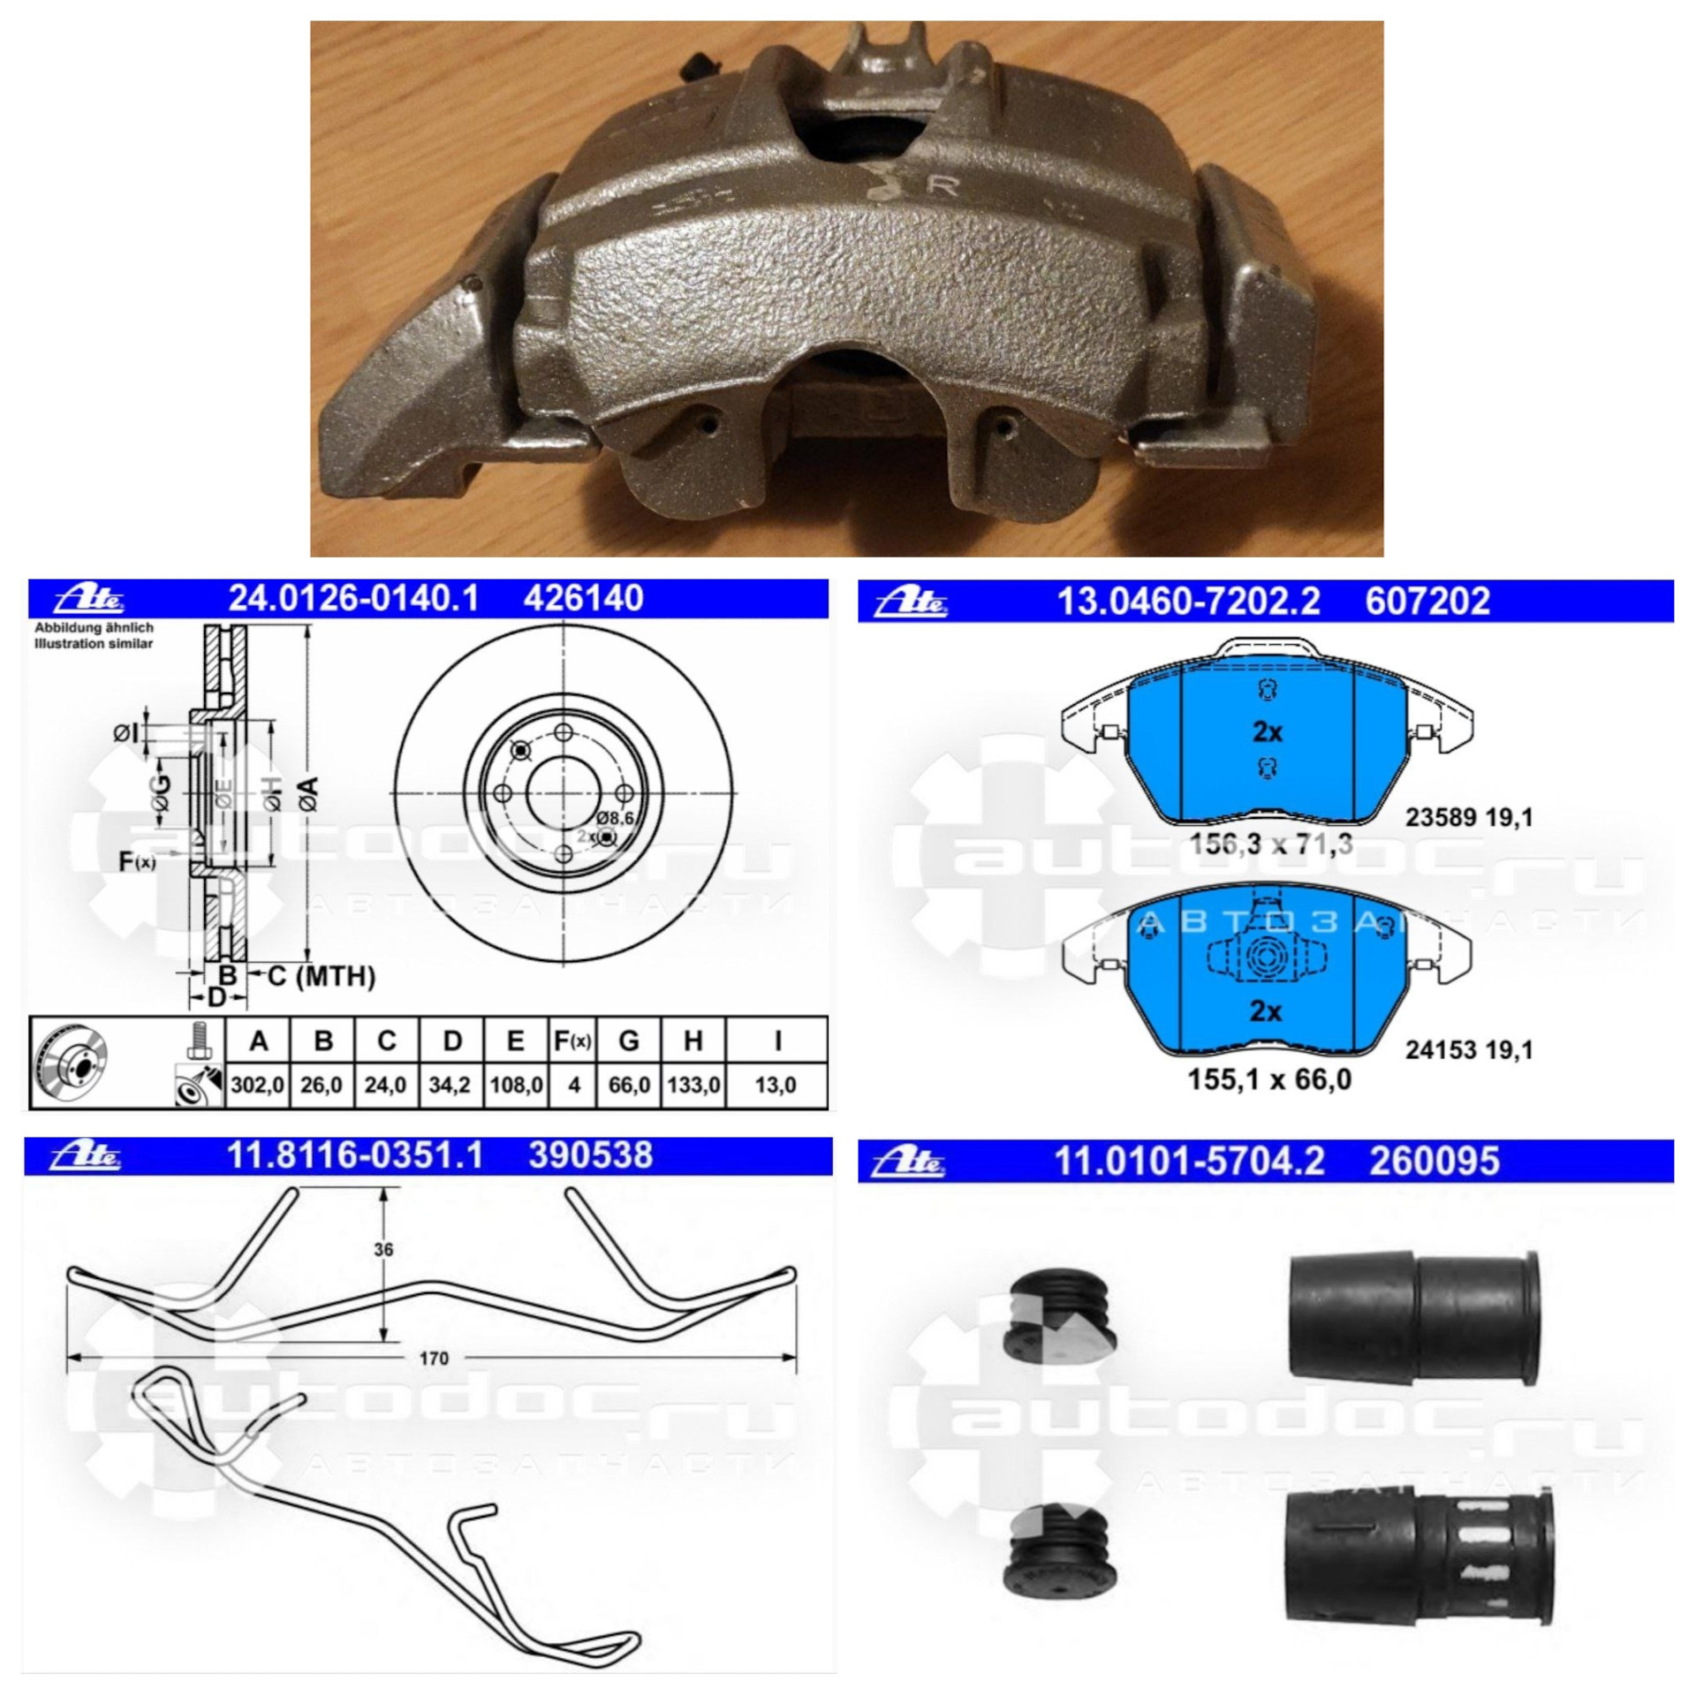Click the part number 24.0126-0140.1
pyautogui.click(x=353, y=599)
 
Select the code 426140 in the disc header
pyautogui.click(x=584, y=599)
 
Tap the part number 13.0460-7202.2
pyautogui.click(x=1188, y=602)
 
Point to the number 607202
pyautogui.click(x=1427, y=602)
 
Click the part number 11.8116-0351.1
pyautogui.click(x=356, y=1155)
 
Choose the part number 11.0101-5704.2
pyautogui.click(x=1190, y=1161)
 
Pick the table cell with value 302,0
pyautogui.click(x=257, y=1084)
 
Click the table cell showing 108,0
pyautogui.click(x=517, y=1084)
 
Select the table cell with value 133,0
pyautogui.click(x=693, y=1084)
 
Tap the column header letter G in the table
pyautogui.click(x=629, y=1041)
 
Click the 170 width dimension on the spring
pyautogui.click(x=434, y=1358)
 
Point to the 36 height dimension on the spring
pyautogui.click(x=383, y=1250)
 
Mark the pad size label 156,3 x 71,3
pyautogui.click(x=1270, y=844)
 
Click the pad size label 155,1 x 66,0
pyautogui.click(x=1270, y=1079)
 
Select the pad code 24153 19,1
pyautogui.click(x=1469, y=1049)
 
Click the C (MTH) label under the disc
pyautogui.click(x=322, y=976)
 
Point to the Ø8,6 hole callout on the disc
pyautogui.click(x=616, y=818)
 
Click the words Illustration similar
pyautogui.click(x=94, y=644)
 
